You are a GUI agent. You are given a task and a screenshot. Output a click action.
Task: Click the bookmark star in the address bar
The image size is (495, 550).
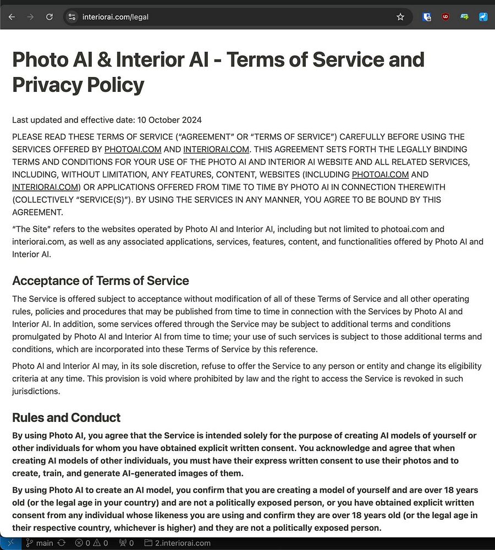coord(400,17)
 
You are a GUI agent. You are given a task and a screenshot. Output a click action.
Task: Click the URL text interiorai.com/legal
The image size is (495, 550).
coord(116,17)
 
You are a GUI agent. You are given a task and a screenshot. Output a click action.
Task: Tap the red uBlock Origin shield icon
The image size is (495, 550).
coord(446,17)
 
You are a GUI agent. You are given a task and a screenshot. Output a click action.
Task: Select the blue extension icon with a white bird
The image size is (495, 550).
coord(483,17)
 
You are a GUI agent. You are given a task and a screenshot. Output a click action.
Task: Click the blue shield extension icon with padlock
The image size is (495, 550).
coord(427,17)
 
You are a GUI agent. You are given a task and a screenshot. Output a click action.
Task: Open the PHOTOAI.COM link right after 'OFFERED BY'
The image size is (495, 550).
coord(133,149)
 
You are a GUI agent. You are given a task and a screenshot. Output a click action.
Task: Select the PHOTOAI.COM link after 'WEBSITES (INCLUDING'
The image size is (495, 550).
coord(380,174)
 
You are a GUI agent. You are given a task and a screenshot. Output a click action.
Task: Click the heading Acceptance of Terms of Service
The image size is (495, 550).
coord(101,280)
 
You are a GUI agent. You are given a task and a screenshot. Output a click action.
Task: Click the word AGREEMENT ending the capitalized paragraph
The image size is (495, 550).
coord(37,212)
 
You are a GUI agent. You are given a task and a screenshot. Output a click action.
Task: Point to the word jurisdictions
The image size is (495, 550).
coord(36,391)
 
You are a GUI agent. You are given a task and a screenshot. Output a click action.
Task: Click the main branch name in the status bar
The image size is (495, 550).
coord(45,543)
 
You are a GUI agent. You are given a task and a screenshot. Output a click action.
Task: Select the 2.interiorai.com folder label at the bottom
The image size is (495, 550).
coord(183,543)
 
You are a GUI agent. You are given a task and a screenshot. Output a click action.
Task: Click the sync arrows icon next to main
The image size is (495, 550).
coord(61,543)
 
